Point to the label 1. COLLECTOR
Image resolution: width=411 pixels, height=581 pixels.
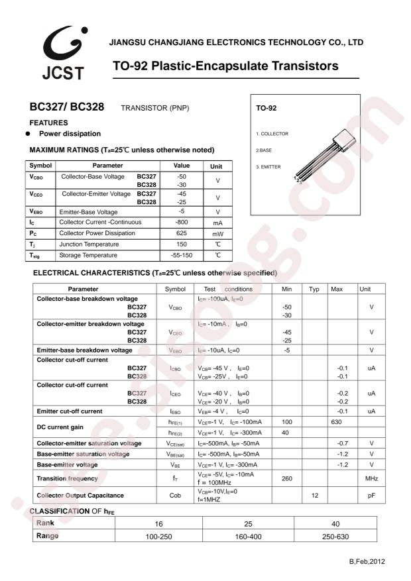(272, 133)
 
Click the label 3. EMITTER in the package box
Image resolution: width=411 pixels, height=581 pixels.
(269, 166)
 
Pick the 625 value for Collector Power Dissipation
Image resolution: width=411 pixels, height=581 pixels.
(182, 233)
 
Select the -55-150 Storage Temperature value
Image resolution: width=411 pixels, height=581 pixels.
(182, 255)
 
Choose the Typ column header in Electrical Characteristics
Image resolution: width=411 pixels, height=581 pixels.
(314, 289)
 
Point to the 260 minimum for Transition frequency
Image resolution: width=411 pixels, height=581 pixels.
(287, 478)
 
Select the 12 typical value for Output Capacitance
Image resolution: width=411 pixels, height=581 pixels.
(314, 495)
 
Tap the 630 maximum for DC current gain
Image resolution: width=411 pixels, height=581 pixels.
(336, 421)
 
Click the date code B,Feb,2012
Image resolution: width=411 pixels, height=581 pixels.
(367, 561)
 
